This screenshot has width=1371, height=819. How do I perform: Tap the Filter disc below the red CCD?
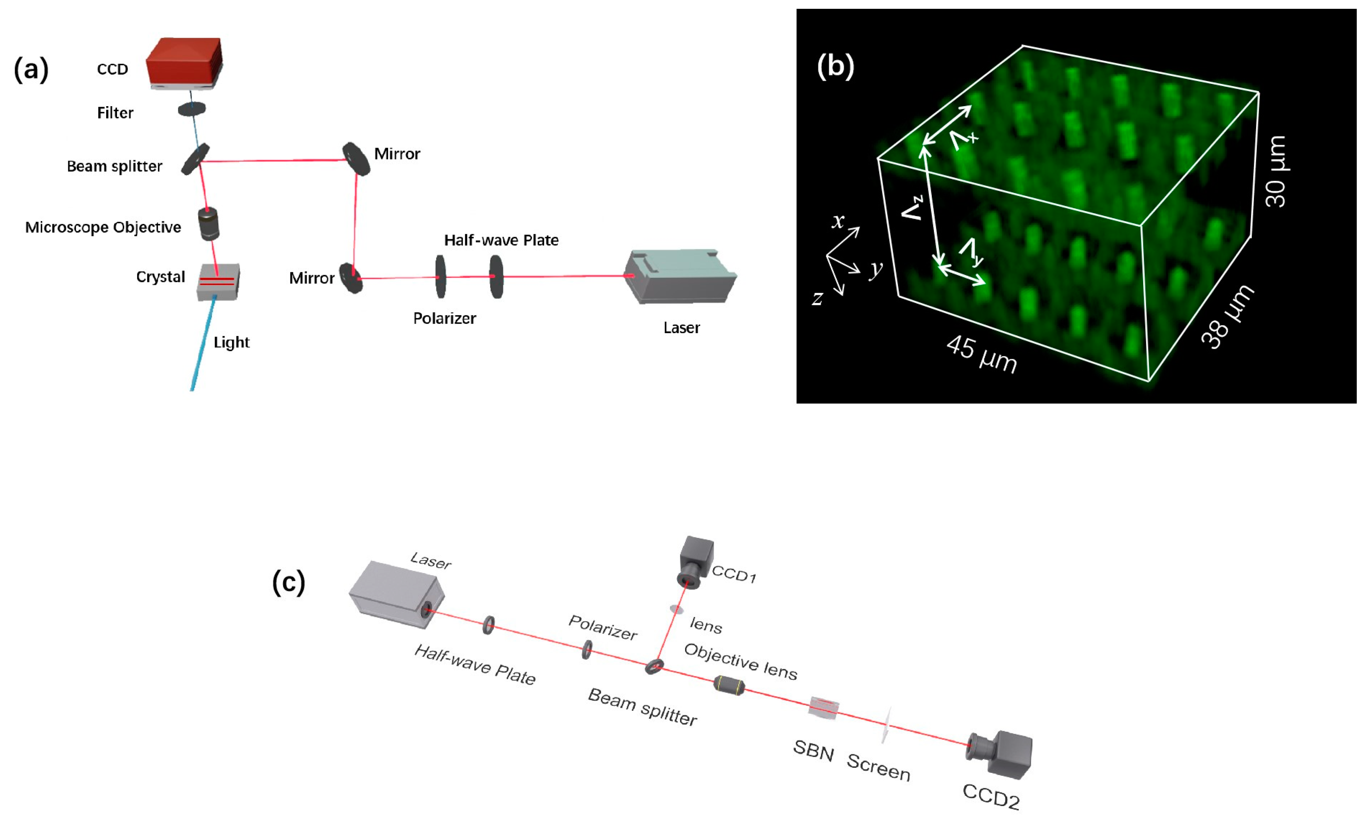(x=191, y=109)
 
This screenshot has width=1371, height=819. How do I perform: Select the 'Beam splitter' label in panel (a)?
(x=114, y=166)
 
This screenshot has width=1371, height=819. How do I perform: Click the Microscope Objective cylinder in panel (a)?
(x=209, y=224)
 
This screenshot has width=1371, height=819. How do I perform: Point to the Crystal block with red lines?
(x=218, y=282)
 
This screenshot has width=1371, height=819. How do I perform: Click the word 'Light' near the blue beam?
(x=231, y=342)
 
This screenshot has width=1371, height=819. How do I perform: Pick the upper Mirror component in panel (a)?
(x=356, y=159)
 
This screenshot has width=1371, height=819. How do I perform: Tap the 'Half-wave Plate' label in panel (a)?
(x=501, y=240)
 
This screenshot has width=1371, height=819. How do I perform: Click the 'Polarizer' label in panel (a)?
(x=444, y=318)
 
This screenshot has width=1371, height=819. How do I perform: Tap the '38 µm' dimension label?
(x=1228, y=317)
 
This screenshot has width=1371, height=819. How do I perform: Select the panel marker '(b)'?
(x=835, y=67)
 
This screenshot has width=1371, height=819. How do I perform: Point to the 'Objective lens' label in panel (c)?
(x=740, y=661)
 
